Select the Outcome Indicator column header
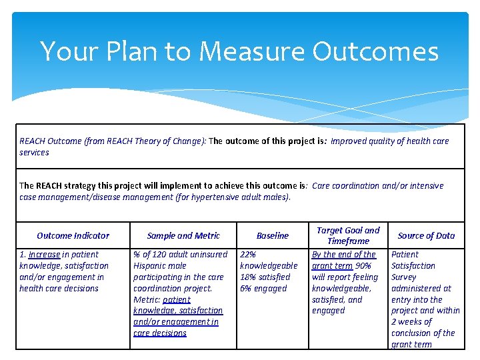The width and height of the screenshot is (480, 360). coord(73,235)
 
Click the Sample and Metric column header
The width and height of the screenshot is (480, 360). coord(183,235)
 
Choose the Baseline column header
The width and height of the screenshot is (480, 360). coord(273,235)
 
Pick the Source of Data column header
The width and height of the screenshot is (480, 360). coord(426,235)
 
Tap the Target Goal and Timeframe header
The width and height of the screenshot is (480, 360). coord(348,235)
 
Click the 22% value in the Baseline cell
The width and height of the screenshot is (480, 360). coord(248,255)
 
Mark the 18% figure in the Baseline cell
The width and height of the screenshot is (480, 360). coord(248,277)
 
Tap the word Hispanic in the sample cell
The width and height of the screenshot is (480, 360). coord(150,266)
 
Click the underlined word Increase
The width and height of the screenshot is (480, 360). coord(44,255)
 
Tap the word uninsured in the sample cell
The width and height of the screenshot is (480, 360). coord(207,255)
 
